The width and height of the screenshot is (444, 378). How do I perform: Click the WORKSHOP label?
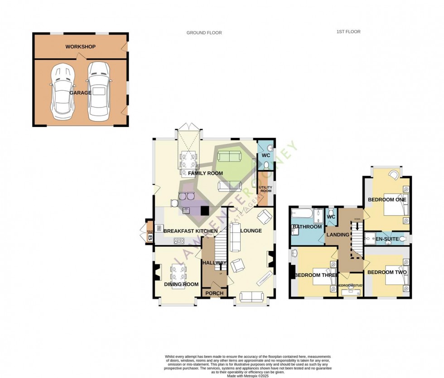pos(80,47)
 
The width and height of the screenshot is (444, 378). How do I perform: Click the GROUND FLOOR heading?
pos(204,33)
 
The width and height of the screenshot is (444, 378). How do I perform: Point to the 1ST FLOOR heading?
pos(348,32)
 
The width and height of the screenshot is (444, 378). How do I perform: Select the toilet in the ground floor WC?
pos(267,165)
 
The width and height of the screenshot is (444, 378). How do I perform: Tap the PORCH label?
pos(214,293)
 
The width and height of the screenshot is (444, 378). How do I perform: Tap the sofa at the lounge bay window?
pos(251,297)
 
